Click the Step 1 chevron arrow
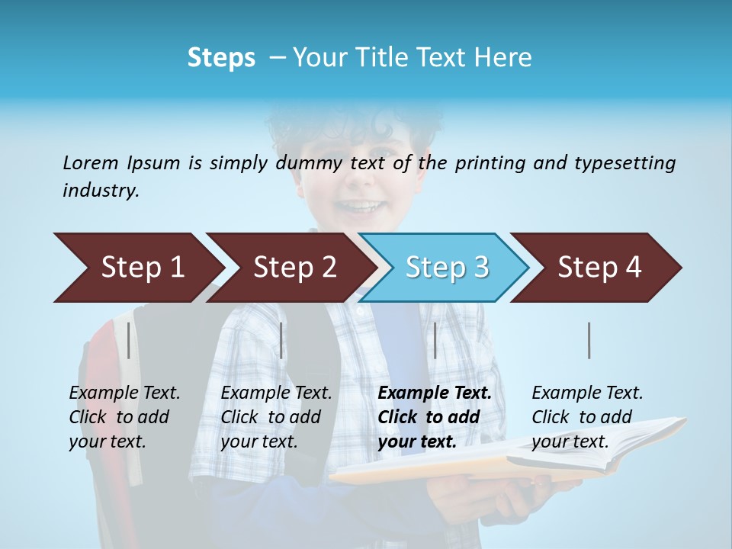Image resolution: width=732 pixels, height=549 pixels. tap(137, 268)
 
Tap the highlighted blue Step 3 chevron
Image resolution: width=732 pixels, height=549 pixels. tap(444, 268)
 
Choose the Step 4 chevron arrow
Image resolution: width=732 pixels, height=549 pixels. tap(596, 268)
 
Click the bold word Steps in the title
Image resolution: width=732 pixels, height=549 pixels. tap(221, 58)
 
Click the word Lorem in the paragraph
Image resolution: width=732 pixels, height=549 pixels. tap(89, 162)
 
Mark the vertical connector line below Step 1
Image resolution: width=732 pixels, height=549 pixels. tap(128, 340)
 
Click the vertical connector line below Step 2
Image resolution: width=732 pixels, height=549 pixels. tap(281, 340)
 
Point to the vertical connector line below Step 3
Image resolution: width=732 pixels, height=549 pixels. tap(435, 340)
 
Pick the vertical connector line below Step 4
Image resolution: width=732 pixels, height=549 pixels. tap(589, 340)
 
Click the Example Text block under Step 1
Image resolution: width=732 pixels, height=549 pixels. tap(124, 417)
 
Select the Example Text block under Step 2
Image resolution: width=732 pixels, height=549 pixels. tap(276, 417)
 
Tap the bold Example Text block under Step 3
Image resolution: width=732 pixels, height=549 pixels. tap(435, 417)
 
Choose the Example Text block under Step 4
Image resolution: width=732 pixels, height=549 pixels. tap(587, 417)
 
